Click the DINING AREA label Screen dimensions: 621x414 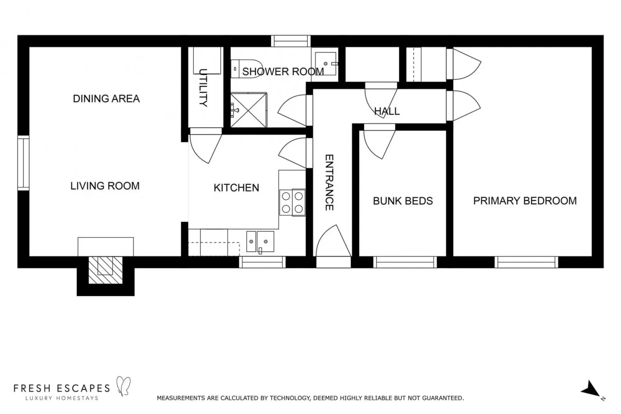[106, 99]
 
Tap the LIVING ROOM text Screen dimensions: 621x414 [105, 186]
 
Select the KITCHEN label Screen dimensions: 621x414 [236, 188]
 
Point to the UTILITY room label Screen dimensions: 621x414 [203, 88]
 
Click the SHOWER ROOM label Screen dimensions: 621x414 [283, 72]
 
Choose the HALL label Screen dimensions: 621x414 [387, 111]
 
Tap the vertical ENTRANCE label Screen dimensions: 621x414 [329, 182]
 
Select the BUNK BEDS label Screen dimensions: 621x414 [403, 201]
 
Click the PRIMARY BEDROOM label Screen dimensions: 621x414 [525, 201]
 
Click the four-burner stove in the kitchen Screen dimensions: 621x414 [292, 202]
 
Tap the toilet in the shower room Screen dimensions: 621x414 [245, 69]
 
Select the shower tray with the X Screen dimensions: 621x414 [249, 110]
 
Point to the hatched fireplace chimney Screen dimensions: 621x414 [105, 270]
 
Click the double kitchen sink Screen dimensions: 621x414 [260, 242]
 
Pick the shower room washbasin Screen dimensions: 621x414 [326, 64]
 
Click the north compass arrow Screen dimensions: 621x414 [591, 389]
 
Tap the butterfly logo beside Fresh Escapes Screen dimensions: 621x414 [123, 386]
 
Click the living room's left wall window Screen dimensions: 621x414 [23, 163]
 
